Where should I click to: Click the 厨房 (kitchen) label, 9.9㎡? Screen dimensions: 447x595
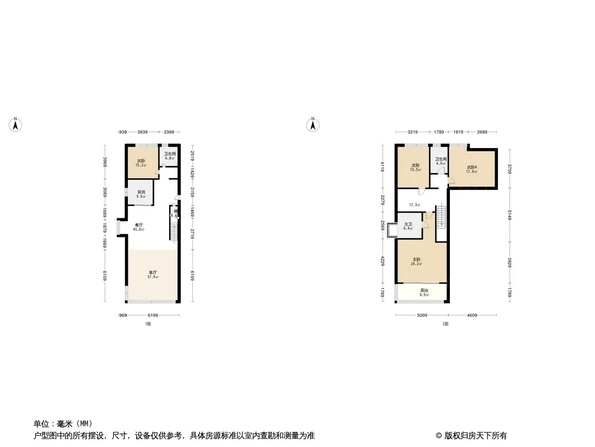pyautogui.click(x=141, y=194)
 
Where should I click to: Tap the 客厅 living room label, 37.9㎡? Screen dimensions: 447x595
pyautogui.click(x=152, y=274)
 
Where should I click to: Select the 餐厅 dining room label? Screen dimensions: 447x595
pyautogui.click(x=138, y=227)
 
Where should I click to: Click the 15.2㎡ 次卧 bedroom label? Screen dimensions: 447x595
pyautogui.click(x=141, y=163)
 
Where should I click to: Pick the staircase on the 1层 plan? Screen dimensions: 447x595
pyautogui.click(x=173, y=230)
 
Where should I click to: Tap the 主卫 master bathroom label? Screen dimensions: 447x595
pyautogui.click(x=408, y=226)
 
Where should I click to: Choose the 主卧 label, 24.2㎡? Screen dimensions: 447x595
pyautogui.click(x=416, y=261)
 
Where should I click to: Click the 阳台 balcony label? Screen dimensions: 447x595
pyautogui.click(x=424, y=292)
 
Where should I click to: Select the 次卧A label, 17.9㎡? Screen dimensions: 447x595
pyautogui.click(x=472, y=169)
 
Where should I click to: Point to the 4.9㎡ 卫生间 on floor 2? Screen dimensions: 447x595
pyautogui.click(x=441, y=161)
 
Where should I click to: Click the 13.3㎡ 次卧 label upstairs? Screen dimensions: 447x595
pyautogui.click(x=415, y=167)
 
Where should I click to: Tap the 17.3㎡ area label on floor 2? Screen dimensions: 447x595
pyautogui.click(x=414, y=205)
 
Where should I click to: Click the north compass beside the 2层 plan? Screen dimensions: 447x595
pyautogui.click(x=314, y=125)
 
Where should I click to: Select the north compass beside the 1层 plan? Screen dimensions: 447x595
pyautogui.click(x=16, y=125)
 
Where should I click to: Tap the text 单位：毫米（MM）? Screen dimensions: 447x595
pyautogui.click(x=63, y=423)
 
